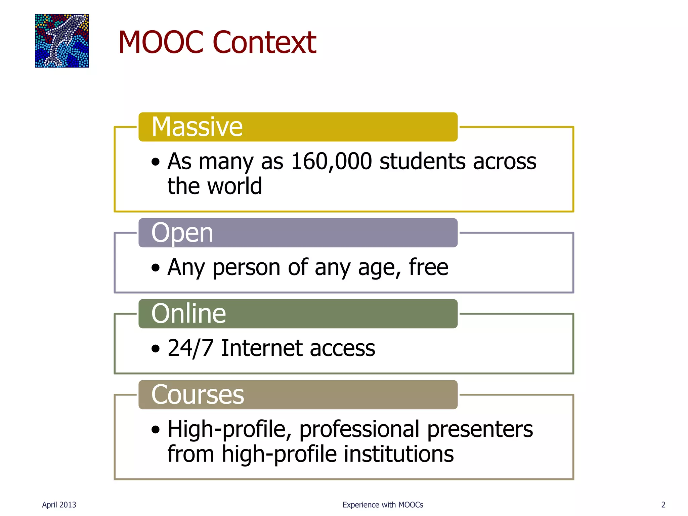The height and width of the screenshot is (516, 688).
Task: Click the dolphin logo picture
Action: (62, 41)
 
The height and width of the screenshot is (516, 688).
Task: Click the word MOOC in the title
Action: (161, 42)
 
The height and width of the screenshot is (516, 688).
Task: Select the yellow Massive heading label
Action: (298, 127)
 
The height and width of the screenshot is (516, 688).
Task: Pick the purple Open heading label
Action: (298, 233)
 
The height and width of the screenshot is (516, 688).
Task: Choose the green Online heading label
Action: (298, 314)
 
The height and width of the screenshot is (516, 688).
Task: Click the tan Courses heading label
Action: (298, 395)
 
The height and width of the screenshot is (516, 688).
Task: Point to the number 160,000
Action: (331, 162)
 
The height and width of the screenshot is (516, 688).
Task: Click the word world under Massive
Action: (234, 186)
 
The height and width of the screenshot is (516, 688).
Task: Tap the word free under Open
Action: (428, 267)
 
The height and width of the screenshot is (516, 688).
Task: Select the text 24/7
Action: (190, 348)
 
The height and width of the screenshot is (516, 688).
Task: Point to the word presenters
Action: (480, 429)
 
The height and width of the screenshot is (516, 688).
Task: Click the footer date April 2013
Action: (59, 505)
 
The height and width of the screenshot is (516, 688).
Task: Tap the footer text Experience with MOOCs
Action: (383, 505)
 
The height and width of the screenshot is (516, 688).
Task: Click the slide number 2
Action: (663, 505)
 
